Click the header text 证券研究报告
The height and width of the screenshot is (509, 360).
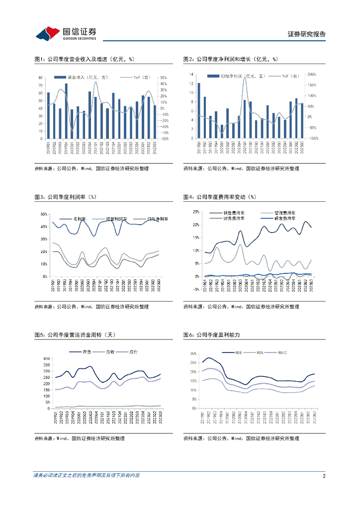coord(307,34)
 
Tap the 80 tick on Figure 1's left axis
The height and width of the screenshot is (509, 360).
coord(41,78)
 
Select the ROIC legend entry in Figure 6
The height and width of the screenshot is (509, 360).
coord(283,352)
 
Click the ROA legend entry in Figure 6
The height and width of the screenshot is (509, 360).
coord(259,352)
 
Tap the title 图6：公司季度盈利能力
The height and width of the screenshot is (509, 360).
coord(218,336)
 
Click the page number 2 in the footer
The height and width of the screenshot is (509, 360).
coord(324,476)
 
